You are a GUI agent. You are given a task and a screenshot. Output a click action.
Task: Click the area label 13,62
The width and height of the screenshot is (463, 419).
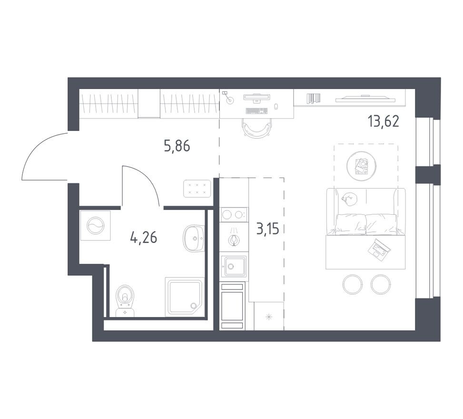[383, 121]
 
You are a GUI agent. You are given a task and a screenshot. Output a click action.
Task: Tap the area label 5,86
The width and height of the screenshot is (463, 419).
[177, 146]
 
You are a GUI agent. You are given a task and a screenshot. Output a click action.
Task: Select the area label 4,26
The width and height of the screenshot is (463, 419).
[143, 236]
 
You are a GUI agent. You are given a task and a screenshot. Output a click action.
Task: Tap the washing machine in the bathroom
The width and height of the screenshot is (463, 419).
[96, 225]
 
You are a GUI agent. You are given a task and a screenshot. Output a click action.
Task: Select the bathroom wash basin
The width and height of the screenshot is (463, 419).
[194, 237]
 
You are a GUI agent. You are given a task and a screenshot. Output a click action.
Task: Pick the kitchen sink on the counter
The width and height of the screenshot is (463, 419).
[234, 266]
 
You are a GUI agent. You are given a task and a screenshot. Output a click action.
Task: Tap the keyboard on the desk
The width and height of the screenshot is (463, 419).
[257, 111]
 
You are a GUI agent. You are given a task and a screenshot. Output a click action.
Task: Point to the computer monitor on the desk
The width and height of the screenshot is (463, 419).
[257, 97]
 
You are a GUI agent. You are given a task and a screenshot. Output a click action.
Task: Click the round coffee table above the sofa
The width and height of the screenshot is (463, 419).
[362, 166]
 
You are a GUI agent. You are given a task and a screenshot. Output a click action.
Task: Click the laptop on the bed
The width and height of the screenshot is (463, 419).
[379, 248]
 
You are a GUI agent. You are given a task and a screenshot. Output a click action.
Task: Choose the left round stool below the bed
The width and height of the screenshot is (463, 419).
[353, 284]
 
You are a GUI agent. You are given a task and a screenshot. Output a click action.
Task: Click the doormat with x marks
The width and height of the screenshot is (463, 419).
[197, 188]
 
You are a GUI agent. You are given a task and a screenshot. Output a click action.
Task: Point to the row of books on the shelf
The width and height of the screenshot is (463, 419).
[314, 98]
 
